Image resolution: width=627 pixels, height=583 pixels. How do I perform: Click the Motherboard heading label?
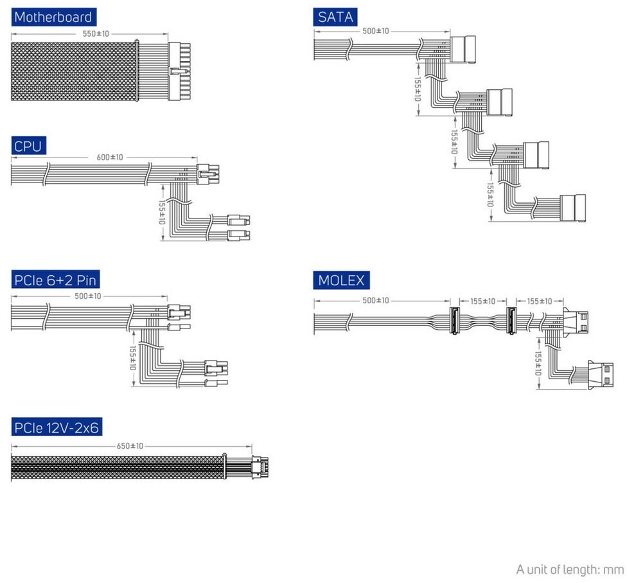53,17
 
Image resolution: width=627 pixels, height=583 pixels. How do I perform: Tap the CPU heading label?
28,147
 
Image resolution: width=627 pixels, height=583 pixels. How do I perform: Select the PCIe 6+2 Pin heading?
55,280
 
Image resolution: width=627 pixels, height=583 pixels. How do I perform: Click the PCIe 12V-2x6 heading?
57,427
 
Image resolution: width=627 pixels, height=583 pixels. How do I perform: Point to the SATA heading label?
335,17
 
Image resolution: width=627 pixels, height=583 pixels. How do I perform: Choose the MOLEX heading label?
341,281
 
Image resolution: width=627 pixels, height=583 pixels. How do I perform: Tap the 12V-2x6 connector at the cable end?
260,467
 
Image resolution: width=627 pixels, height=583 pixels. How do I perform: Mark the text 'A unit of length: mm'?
570,570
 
